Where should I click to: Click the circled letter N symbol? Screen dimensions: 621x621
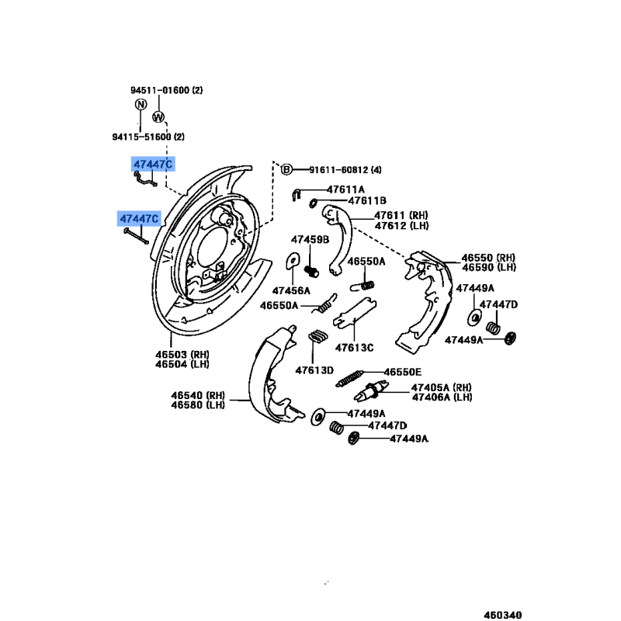click(141, 104)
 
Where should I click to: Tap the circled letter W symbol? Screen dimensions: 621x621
click(158, 117)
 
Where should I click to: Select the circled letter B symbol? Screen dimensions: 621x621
click(286, 169)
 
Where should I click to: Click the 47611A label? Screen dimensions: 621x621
click(345, 189)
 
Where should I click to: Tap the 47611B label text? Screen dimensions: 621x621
click(367, 201)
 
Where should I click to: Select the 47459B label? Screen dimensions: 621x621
click(310, 240)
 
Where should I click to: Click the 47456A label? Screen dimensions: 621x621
click(291, 290)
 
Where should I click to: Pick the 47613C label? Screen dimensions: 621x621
click(355, 348)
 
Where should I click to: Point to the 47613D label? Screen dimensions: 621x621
click(314, 370)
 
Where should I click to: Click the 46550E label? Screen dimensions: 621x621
click(403, 373)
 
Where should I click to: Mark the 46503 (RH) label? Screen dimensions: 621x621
click(182, 355)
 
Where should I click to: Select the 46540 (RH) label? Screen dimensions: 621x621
click(198, 395)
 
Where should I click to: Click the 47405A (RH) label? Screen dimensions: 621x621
click(442, 387)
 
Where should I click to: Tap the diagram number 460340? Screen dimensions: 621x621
click(503, 615)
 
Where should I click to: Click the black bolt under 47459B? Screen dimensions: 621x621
click(311, 272)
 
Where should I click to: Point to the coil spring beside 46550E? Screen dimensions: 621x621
click(349, 378)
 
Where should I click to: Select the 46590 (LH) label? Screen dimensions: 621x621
click(489, 268)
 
